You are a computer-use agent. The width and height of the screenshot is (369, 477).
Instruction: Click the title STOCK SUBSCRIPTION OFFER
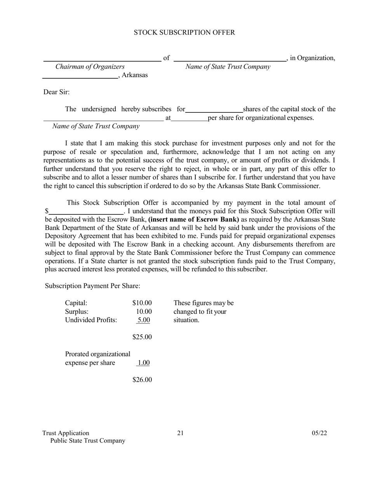184,33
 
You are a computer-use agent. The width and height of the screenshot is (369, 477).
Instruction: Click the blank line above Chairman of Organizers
102,60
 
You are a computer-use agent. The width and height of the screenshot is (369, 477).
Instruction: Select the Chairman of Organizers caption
90,67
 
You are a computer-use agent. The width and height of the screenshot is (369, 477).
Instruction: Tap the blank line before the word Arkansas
80,78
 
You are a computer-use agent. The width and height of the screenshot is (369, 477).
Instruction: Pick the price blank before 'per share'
189,120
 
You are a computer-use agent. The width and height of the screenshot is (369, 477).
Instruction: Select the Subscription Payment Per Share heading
92,286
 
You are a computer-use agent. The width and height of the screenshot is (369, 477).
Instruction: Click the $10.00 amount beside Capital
142,303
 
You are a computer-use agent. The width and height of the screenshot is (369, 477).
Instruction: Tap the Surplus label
77,311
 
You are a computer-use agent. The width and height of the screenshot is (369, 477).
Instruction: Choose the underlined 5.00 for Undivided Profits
144,320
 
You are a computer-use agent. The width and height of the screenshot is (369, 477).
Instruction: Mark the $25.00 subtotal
142,337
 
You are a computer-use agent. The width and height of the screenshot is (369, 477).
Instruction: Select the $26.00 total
142,380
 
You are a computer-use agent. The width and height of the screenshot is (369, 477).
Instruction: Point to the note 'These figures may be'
204,303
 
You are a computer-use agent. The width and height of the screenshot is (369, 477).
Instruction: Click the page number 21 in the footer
180,433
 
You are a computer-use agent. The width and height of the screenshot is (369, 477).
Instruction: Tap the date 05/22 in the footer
319,433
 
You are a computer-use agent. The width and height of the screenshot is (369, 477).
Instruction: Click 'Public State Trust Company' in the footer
88,441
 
